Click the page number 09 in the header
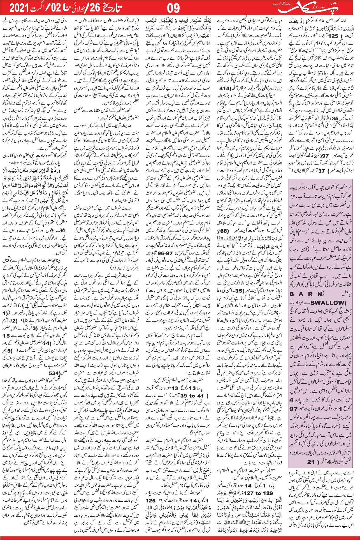pyautogui.click(x=173, y=8)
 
